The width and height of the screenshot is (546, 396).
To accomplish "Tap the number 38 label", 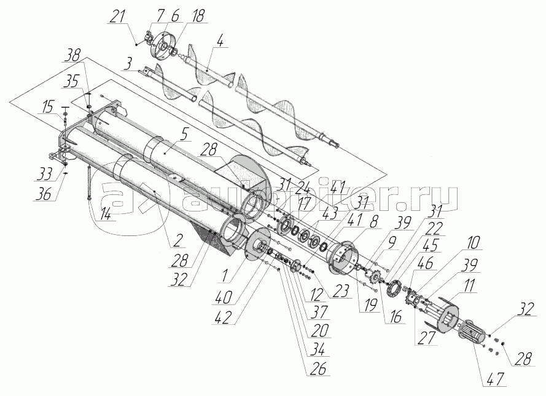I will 74,56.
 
